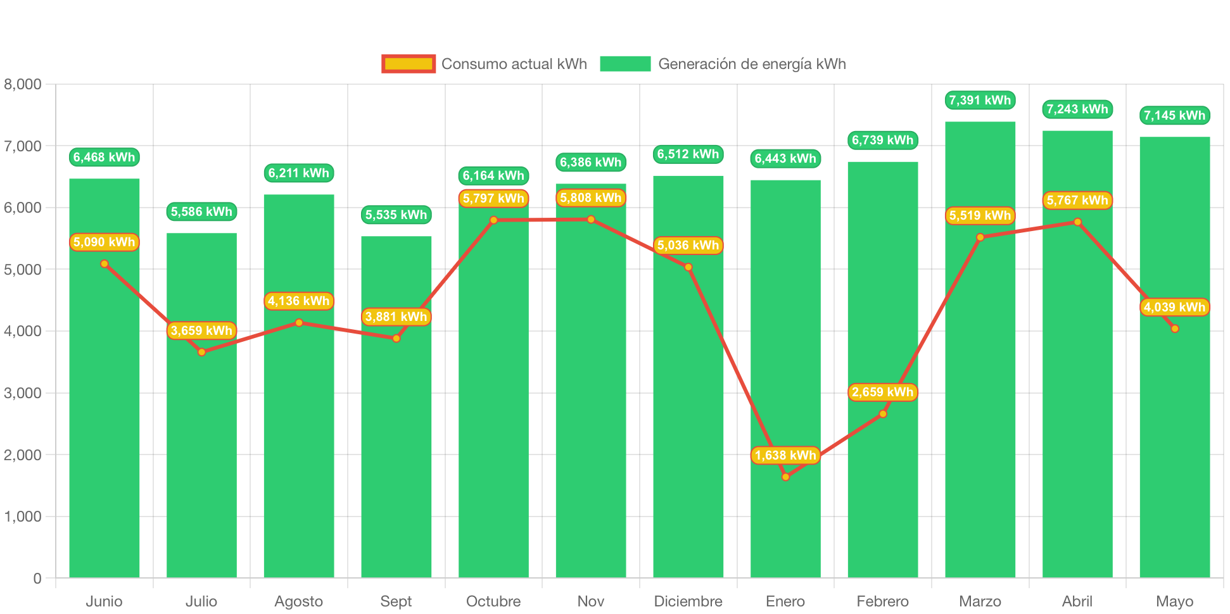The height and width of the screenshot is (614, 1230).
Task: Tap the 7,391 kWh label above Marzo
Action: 980,100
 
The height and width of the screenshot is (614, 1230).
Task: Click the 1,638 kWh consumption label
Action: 785,455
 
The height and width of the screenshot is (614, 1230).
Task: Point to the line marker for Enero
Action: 785,477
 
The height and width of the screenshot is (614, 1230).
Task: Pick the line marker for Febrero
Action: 883,414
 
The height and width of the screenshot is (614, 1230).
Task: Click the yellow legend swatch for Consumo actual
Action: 409,64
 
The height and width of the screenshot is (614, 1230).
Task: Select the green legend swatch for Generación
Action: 625,64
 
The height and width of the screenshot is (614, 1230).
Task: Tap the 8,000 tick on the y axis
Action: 23,84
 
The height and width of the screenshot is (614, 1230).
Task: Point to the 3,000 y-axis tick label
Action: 23,393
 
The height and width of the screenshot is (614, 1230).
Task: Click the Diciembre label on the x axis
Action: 688,601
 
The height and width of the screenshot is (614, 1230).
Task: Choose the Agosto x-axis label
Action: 298,601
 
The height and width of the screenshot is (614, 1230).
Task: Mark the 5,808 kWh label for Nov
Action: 591,198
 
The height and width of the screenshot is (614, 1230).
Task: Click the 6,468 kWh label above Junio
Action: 104,157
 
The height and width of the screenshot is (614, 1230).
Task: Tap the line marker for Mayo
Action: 1175,329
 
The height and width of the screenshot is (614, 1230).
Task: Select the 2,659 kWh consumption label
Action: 882,392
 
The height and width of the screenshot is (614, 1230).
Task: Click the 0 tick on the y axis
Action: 37,578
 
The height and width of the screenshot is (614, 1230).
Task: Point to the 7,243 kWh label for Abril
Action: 1077,109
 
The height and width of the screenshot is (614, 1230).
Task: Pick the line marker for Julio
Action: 201,352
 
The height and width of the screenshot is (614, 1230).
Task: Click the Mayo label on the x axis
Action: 1174,601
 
